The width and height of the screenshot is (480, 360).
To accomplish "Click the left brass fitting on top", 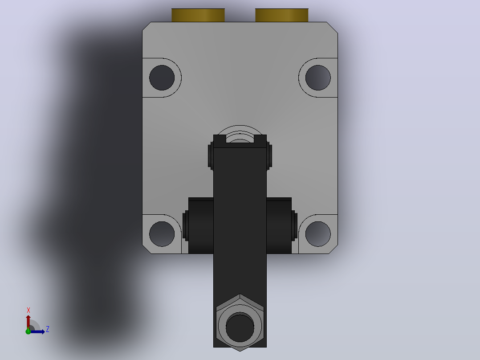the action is (x=198, y=15).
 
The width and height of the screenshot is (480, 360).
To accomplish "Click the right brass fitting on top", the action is (x=281, y=15).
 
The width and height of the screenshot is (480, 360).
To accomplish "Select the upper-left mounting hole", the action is (x=162, y=78).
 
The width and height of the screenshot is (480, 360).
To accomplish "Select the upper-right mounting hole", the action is (x=318, y=78).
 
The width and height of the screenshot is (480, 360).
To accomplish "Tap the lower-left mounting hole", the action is (x=162, y=234).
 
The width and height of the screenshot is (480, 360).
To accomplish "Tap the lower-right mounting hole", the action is (x=318, y=234).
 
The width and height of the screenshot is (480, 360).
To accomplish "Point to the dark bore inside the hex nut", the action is (x=240, y=327).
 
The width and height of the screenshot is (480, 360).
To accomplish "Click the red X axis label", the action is (x=28, y=311).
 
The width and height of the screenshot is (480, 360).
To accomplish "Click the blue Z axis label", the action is (x=48, y=329).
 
